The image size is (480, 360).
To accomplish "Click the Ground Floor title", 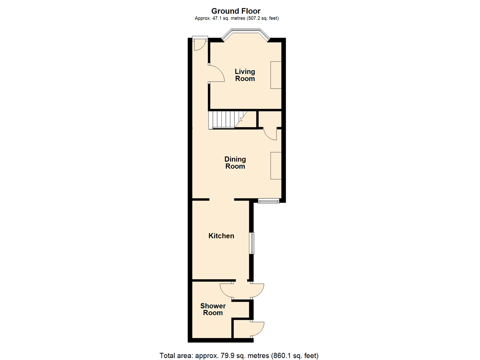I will (236, 11).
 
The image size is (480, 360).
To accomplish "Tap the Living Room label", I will (245, 75).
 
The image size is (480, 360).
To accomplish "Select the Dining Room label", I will (235, 163).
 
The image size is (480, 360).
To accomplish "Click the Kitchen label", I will (221, 236).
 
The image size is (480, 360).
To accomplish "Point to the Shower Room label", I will (213, 309).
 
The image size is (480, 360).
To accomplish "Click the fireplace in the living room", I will (276, 75).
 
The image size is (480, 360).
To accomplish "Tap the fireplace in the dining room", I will (276, 165).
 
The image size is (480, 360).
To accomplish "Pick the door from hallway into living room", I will (215, 75).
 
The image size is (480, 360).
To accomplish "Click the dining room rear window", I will (269, 201).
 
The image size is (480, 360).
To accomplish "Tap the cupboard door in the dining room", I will (270, 133).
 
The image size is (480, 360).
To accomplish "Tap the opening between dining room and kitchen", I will (222, 200).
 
